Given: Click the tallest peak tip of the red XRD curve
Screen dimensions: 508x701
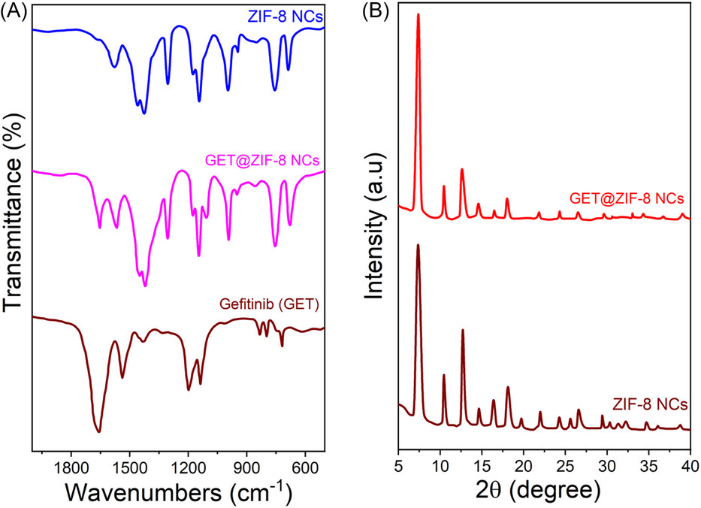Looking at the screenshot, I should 418,14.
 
